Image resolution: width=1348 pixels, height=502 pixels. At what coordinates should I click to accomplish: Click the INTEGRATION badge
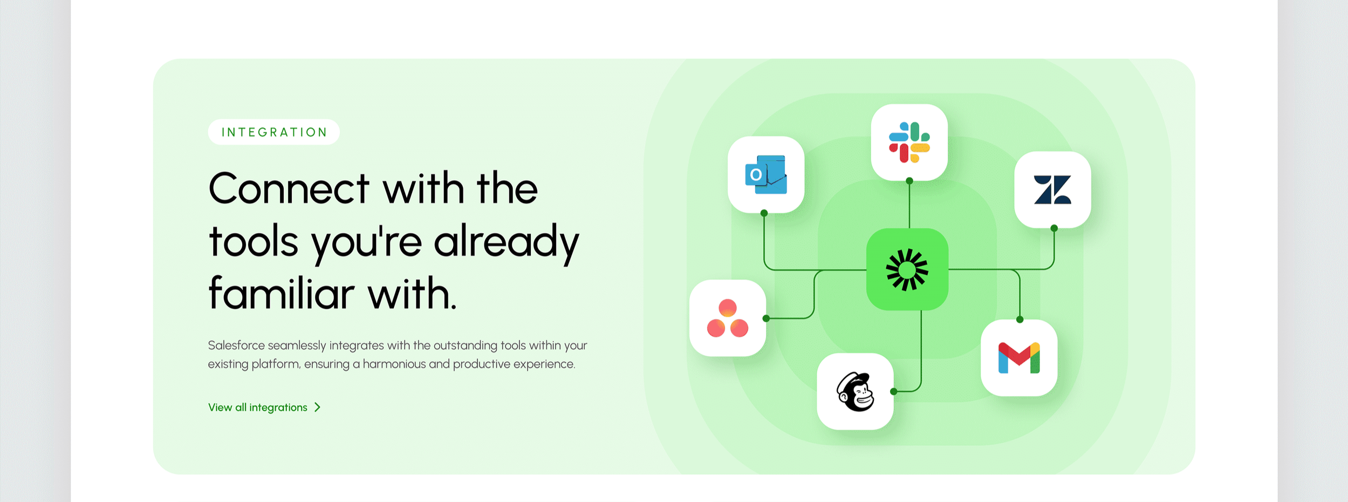click(x=273, y=132)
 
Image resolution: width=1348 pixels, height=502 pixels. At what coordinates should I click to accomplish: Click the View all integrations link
click(x=258, y=408)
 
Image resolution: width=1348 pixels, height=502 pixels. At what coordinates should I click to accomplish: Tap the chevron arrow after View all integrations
click(x=318, y=408)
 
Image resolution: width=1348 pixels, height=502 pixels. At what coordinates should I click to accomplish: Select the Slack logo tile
click(x=909, y=142)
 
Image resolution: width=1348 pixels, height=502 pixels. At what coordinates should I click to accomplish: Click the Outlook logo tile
click(x=765, y=174)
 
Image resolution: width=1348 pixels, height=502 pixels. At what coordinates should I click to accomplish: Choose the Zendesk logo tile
click(x=1052, y=189)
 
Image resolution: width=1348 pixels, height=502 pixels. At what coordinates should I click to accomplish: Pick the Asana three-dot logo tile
click(x=727, y=318)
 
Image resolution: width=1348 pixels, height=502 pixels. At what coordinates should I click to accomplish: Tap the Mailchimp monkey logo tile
click(x=855, y=391)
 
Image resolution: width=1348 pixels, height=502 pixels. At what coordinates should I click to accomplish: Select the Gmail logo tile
click(x=1018, y=357)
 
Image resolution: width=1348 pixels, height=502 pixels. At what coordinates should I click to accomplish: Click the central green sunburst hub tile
click(x=907, y=269)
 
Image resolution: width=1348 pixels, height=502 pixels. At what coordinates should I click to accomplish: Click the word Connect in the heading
click(x=289, y=189)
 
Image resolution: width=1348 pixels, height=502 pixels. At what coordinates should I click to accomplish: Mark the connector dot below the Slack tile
click(x=909, y=181)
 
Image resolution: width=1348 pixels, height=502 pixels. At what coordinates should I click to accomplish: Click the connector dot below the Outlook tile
click(x=764, y=213)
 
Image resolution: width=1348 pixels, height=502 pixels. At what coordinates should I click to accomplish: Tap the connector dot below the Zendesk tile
click(x=1054, y=228)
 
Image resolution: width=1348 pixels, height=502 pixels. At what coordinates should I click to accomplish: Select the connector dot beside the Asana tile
click(x=766, y=318)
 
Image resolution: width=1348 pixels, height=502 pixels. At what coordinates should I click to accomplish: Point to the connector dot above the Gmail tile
click(x=1019, y=320)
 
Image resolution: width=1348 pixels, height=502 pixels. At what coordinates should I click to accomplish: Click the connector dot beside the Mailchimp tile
click(x=894, y=391)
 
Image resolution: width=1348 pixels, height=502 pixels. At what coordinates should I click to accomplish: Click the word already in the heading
click(x=506, y=242)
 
